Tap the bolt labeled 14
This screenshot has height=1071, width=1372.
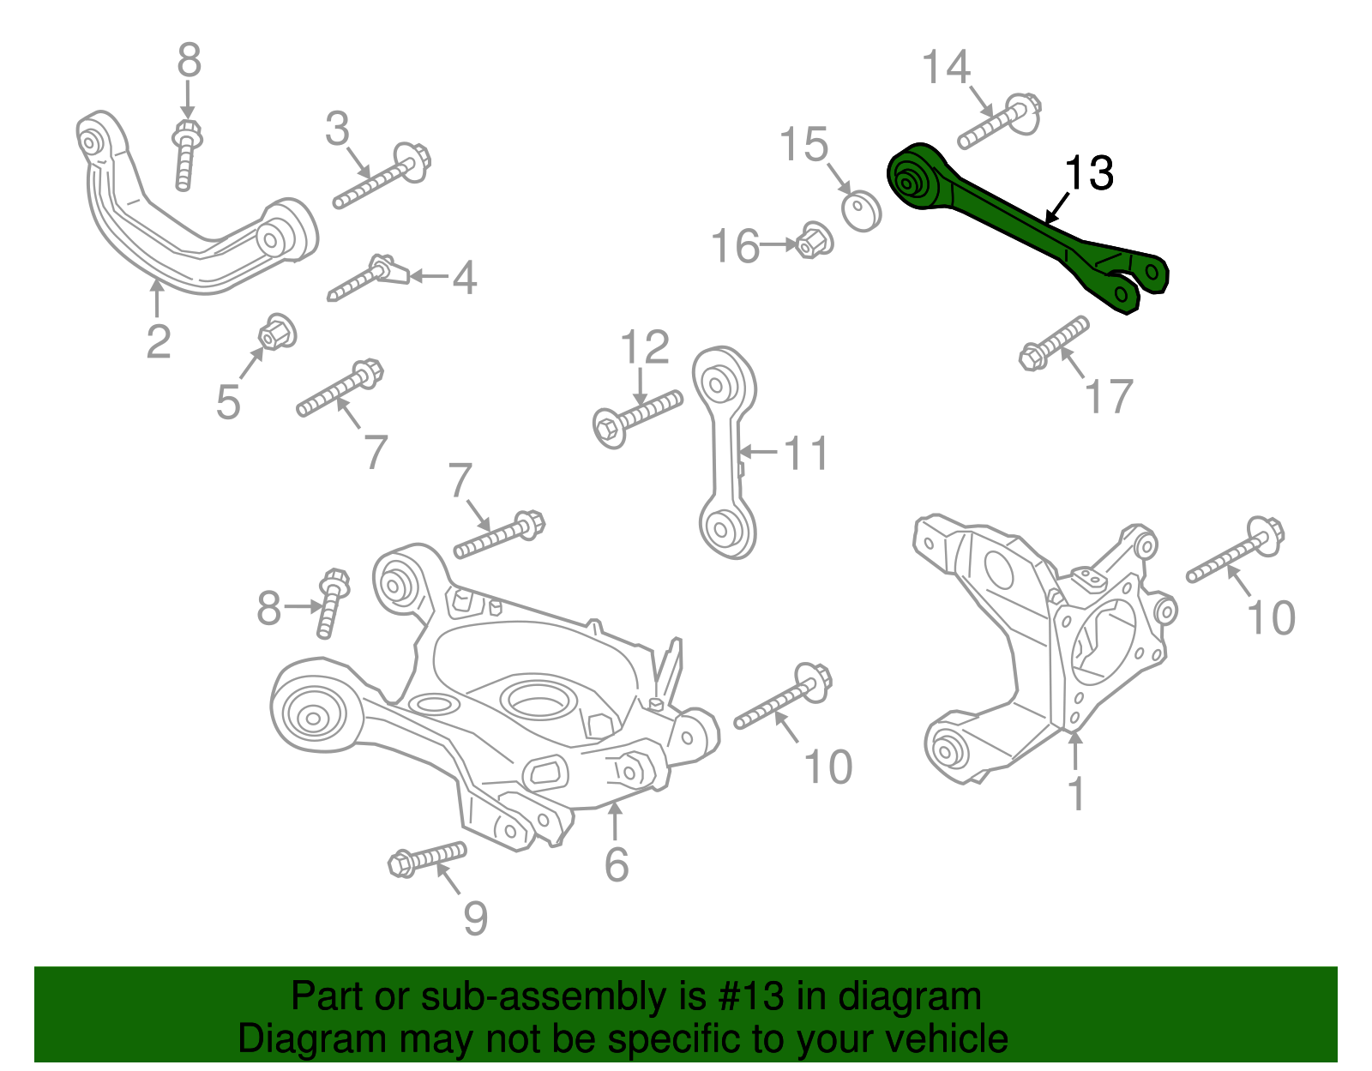pyautogui.click(x=999, y=124)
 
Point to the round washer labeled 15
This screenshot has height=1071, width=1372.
pyautogui.click(x=861, y=211)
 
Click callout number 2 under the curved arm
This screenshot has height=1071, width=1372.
pyautogui.click(x=158, y=341)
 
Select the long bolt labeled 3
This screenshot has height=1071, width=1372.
pyautogui.click(x=382, y=180)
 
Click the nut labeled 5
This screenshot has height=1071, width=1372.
pyautogui.click(x=278, y=331)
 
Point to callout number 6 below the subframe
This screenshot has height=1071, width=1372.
pyautogui.click(x=616, y=863)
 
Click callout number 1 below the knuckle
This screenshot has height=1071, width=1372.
pyautogui.click(x=1076, y=793)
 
